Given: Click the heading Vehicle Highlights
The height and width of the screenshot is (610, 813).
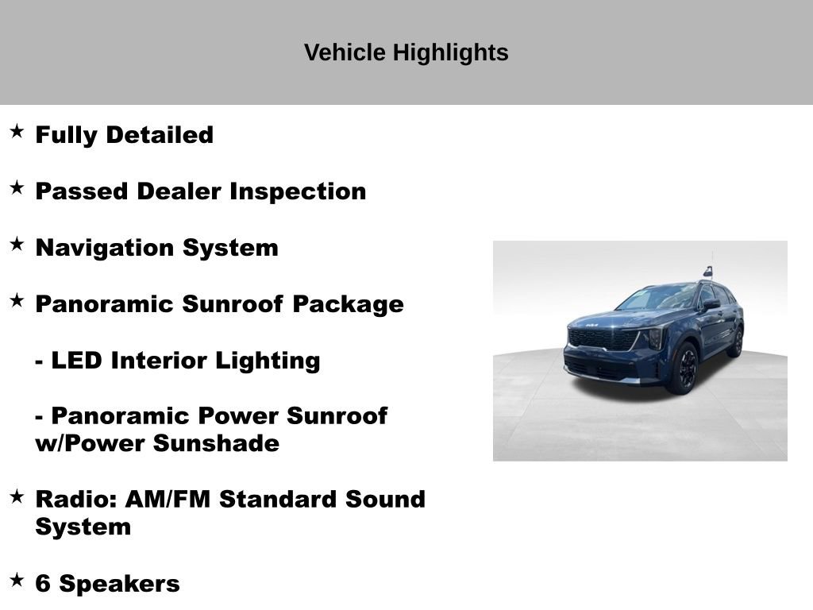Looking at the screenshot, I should (406, 52).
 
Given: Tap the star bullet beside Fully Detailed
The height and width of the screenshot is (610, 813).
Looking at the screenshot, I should (17, 131).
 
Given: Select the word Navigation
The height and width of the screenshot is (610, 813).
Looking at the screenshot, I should (106, 248).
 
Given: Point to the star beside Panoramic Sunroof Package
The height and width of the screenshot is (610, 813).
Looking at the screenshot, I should (17, 300).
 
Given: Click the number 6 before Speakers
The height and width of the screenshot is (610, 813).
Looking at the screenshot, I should (43, 584).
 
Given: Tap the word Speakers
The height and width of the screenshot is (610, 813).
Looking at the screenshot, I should (119, 585).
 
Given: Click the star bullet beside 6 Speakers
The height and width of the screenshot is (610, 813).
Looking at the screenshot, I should (17, 580).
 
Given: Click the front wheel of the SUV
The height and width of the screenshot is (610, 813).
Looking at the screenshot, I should (687, 368).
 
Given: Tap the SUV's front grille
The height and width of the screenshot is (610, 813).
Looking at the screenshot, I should (603, 339).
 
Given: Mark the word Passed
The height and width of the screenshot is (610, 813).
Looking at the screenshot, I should (82, 191).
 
